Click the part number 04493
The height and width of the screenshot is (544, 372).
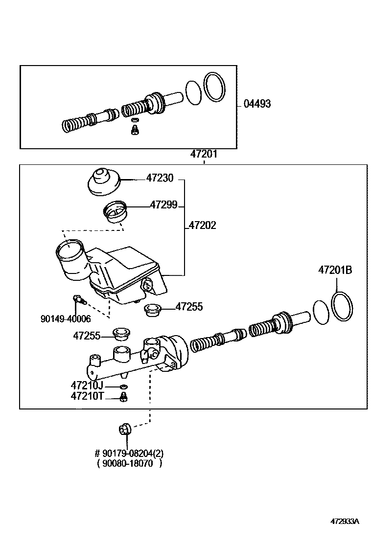point(257,104)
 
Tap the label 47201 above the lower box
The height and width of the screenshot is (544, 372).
point(204,154)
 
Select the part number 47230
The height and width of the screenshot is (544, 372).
point(160,178)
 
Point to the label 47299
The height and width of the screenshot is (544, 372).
point(163,204)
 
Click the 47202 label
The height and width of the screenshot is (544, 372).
point(203,226)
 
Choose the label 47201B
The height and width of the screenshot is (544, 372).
point(335,270)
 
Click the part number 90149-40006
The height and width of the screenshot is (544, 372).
point(66,318)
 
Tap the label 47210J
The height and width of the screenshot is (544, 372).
point(87,385)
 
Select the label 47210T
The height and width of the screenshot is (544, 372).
point(87,396)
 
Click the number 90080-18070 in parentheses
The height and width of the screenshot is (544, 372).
point(128,463)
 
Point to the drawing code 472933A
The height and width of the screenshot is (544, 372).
point(345,531)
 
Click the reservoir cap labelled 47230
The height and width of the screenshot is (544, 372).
point(102,182)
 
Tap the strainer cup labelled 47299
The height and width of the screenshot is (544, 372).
point(116,212)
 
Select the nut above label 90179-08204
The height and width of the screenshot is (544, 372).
point(125,430)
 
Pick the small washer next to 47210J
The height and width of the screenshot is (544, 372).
point(123,386)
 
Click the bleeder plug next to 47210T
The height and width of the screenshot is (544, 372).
point(123,397)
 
